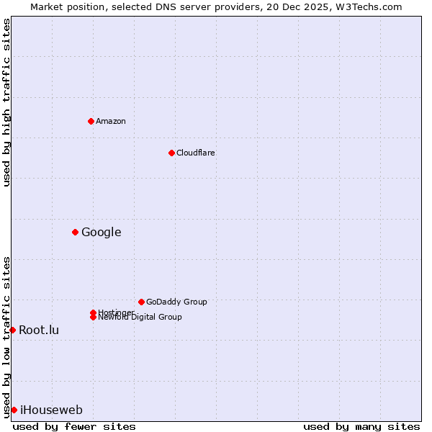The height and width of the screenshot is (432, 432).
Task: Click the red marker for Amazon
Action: click(x=91, y=121)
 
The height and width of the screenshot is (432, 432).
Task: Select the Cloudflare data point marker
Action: click(x=171, y=153)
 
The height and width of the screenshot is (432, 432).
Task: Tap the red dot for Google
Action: click(x=75, y=232)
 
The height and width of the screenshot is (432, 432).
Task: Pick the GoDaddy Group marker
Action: click(x=141, y=302)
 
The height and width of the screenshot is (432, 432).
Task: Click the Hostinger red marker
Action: click(x=93, y=312)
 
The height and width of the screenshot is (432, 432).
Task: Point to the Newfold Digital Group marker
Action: click(x=93, y=318)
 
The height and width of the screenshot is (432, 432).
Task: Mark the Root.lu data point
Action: click(x=12, y=330)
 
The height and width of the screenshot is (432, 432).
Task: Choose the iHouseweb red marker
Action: click(x=14, y=410)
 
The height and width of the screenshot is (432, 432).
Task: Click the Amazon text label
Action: click(x=110, y=121)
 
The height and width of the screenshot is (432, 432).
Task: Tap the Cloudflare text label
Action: click(x=195, y=153)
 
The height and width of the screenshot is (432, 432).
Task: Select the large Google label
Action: click(x=101, y=232)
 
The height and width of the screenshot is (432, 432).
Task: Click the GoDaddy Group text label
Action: click(x=176, y=302)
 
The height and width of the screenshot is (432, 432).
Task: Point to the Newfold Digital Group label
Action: click(x=140, y=318)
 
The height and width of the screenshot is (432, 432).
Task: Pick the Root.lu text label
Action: click(x=39, y=330)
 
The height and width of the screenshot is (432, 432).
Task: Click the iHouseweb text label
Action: click(x=51, y=410)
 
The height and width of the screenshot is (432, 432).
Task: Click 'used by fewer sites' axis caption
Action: click(x=74, y=426)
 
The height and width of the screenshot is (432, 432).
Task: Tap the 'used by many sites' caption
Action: click(x=361, y=426)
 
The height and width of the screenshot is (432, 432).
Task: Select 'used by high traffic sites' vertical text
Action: click(x=6, y=102)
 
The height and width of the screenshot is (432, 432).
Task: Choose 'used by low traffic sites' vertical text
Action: click(x=6, y=336)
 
